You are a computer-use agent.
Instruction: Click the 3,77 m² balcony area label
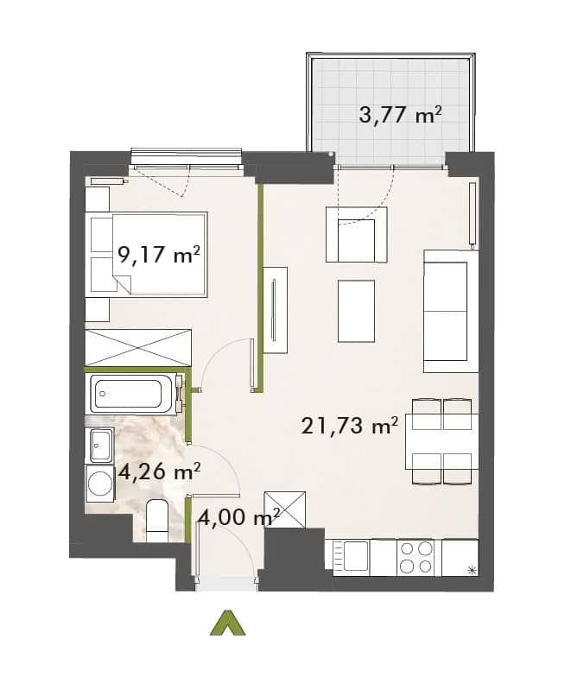tap(400, 116)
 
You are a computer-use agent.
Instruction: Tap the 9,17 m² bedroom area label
tap(159, 255)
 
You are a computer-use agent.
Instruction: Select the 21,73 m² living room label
tap(350, 426)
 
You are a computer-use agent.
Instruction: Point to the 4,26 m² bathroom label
tap(159, 471)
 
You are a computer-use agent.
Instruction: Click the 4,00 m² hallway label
tap(239, 517)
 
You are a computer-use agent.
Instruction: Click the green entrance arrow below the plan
tap(227, 623)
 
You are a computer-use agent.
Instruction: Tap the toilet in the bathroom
tap(156, 519)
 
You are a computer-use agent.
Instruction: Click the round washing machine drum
tap(100, 483)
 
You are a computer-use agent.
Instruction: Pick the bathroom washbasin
tap(102, 445)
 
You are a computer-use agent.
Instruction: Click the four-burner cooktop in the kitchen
tap(416, 558)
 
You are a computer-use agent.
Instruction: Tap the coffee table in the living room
tap(356, 311)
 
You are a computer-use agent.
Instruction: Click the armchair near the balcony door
tap(357, 234)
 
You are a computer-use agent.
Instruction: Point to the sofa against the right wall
tap(451, 311)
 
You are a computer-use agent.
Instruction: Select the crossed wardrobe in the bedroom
tap(138, 347)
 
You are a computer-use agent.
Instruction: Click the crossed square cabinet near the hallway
tap(284, 509)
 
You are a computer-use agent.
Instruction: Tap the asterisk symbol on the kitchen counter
tap(472, 571)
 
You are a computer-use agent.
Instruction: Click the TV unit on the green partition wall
tap(275, 310)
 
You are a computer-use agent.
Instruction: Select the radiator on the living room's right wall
tap(473, 213)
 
